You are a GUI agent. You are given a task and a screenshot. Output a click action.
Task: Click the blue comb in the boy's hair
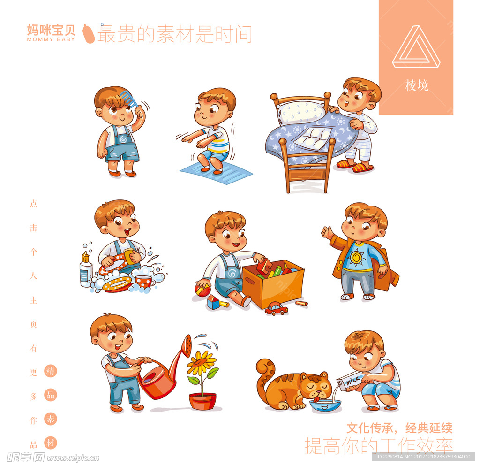(128, 98)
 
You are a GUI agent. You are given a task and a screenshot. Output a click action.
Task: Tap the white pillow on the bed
(300, 113)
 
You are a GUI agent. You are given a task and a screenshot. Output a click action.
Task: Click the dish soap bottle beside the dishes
(86, 269)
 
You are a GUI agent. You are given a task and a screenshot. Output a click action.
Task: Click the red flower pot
(202, 401)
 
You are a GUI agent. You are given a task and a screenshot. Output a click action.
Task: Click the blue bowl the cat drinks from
(325, 405)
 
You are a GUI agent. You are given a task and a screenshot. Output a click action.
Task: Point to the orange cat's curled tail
(264, 375)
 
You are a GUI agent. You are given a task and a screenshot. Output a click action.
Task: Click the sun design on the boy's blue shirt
(357, 257)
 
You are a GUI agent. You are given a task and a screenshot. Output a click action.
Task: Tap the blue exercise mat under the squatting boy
(216, 173)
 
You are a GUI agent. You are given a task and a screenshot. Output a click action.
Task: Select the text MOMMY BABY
(51, 39)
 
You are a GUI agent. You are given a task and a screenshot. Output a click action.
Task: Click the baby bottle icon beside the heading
(89, 33)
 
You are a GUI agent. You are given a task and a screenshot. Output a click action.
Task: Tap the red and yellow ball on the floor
(203, 290)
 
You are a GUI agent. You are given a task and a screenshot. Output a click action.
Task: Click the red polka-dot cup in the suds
(143, 281)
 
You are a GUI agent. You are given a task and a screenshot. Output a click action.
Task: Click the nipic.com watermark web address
(73, 458)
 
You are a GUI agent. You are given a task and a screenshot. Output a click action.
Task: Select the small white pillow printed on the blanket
(313, 138)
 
